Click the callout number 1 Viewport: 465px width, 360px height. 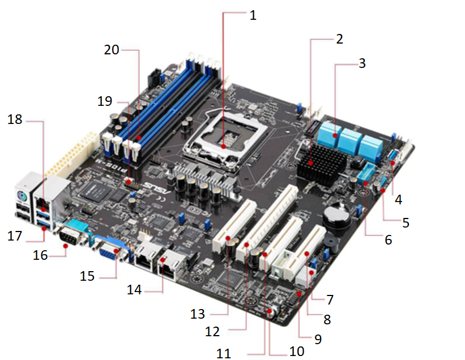253,15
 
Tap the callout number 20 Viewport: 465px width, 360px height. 112,49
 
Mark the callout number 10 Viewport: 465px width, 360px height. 297,351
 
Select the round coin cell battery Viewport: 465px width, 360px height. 336,217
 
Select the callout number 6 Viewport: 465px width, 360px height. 387,240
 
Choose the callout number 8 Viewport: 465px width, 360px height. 326,320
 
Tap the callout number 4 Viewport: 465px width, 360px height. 399,200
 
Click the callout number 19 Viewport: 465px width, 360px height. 105,102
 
